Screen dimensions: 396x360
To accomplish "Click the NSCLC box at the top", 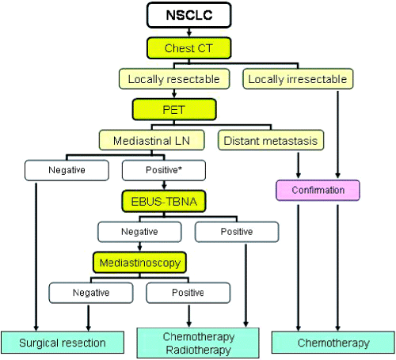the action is (x=189, y=15).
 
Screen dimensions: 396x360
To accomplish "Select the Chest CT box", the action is (x=189, y=48).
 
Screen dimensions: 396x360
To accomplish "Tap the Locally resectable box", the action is (x=174, y=79).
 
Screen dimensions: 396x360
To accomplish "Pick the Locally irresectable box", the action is (x=298, y=79).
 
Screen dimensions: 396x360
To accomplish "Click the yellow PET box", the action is (x=174, y=109).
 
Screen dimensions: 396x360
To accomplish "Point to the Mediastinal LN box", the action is (x=152, y=140).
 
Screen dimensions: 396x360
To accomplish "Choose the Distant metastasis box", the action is (x=271, y=140).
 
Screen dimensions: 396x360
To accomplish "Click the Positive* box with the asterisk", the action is (x=164, y=170).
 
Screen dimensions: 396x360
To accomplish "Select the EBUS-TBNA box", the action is (x=164, y=201).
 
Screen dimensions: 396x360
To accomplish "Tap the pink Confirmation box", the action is (x=318, y=190).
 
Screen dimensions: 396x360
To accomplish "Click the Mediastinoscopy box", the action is (x=140, y=263).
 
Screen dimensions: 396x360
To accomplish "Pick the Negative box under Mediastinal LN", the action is (x=67, y=170).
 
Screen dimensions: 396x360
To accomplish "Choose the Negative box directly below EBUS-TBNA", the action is (x=139, y=232).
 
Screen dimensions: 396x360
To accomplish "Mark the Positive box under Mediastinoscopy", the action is (x=188, y=293).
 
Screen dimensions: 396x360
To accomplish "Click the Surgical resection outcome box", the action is (x=63, y=343).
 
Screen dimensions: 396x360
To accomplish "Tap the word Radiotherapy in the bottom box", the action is (x=198, y=350).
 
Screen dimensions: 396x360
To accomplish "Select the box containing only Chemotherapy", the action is (x=333, y=343).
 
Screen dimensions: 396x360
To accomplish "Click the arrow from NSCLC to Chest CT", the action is (x=189, y=32).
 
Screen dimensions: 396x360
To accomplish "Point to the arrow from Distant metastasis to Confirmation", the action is (x=299, y=165).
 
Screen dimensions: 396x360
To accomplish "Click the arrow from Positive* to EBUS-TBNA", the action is (x=164, y=185).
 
